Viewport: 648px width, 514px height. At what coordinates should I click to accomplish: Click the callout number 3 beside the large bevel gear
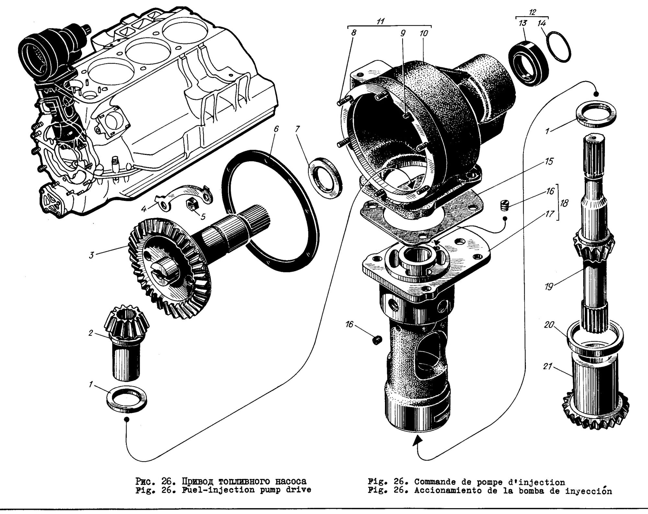[x=92, y=255]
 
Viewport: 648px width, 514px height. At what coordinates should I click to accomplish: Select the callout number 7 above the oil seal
[x=297, y=130]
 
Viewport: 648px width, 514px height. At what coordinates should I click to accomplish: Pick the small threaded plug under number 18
[x=504, y=205]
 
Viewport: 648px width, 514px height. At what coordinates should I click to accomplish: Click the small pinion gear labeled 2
[x=126, y=340]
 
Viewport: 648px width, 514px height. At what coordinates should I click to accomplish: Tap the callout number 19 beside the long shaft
[x=548, y=286]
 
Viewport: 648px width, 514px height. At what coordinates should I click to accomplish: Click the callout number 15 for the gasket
[x=549, y=161]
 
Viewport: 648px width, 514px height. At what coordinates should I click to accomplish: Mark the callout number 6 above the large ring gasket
[x=276, y=129]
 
